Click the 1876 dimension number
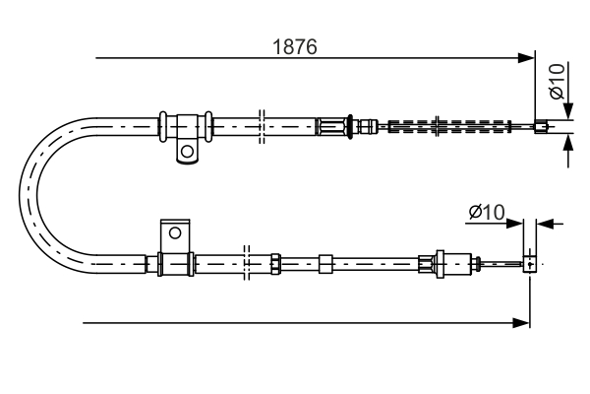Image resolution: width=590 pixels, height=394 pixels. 295,47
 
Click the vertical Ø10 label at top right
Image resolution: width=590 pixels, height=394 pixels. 557,82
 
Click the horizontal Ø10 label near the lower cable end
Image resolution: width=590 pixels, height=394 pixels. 486,211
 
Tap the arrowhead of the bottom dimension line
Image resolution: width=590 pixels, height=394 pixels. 523,322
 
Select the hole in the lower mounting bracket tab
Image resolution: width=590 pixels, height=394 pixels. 175,233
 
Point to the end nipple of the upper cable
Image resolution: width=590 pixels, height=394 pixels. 540,125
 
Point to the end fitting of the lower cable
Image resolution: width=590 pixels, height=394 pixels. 531,263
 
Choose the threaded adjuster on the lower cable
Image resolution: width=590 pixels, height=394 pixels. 434,263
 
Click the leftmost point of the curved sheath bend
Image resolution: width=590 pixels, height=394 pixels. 24,193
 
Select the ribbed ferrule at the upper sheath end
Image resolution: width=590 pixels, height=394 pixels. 332,125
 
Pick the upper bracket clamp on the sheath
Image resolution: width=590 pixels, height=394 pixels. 185,126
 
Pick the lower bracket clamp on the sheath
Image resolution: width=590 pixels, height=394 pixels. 174,264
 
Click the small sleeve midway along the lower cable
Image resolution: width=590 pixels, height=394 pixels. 326,263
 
